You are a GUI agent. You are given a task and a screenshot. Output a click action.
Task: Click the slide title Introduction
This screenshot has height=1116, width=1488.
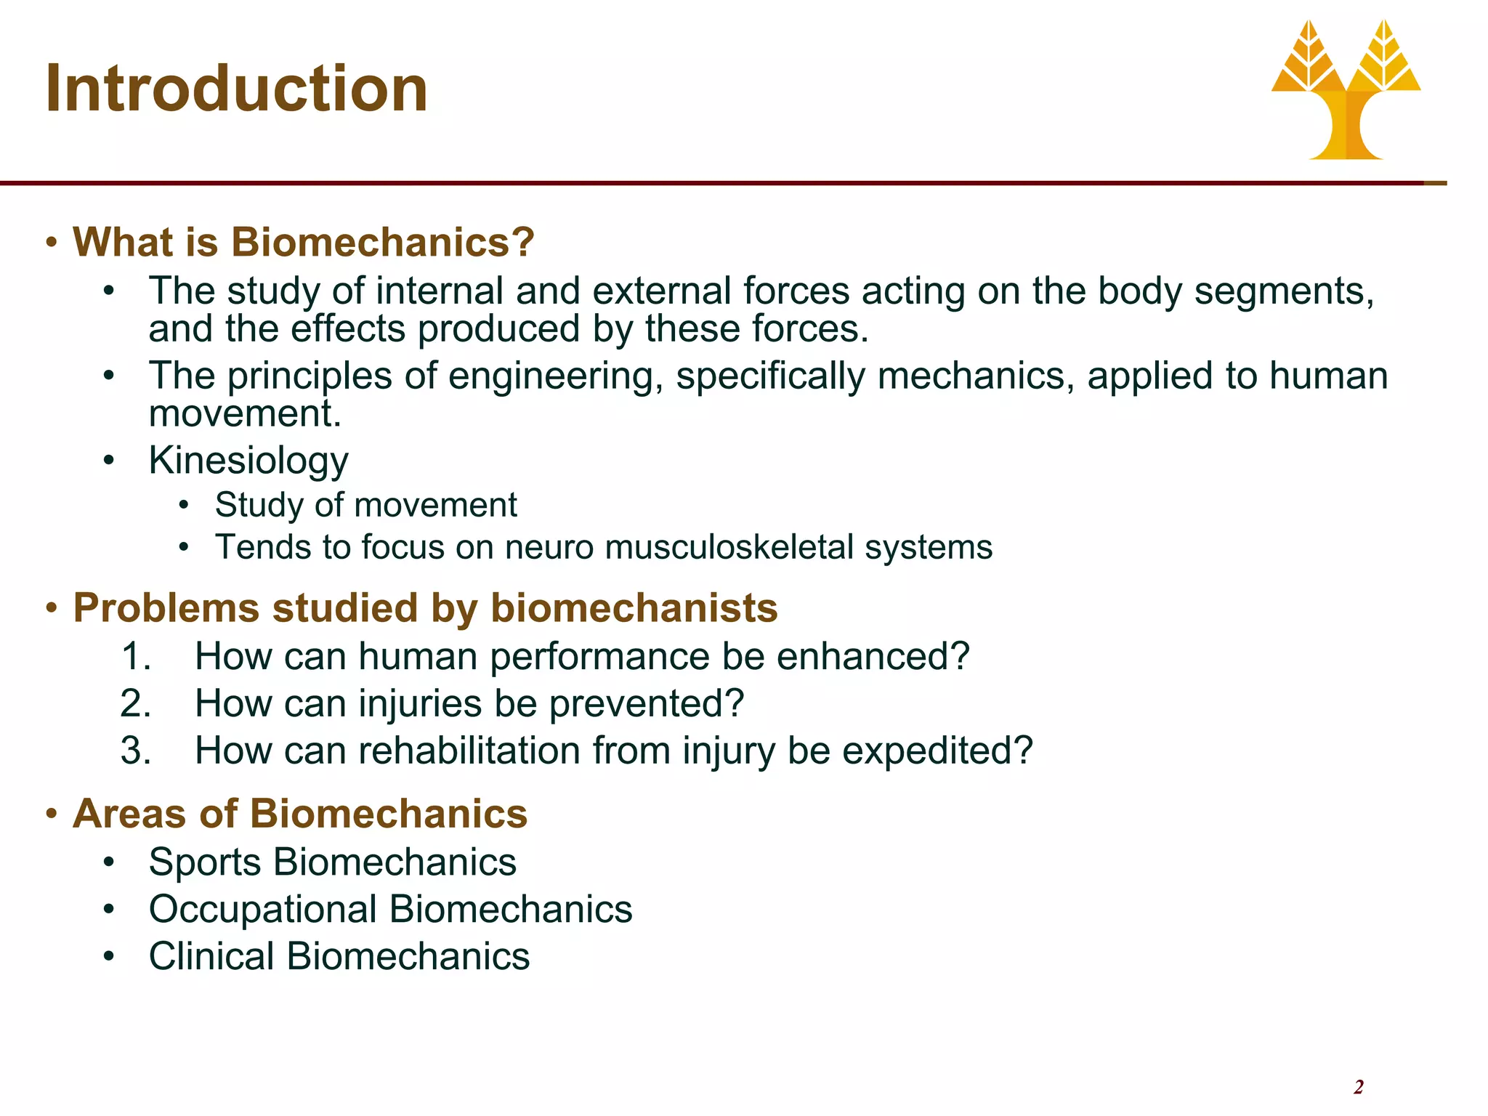[236, 89]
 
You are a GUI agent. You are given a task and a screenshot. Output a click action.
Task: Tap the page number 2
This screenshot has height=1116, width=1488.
[1358, 1087]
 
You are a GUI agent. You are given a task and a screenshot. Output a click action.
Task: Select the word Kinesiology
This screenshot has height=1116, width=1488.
[248, 461]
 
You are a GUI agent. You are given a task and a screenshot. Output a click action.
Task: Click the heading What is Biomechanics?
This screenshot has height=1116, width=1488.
[304, 242]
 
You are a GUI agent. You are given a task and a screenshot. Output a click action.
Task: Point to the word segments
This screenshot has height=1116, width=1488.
[1284, 291]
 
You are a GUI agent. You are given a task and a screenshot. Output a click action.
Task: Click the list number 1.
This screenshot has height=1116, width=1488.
[135, 657]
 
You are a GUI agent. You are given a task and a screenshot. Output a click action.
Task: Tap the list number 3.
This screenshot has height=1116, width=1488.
[135, 751]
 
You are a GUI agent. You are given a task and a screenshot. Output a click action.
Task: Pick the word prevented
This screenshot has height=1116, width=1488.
[646, 704]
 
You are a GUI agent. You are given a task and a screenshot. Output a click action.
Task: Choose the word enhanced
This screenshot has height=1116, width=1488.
[873, 657]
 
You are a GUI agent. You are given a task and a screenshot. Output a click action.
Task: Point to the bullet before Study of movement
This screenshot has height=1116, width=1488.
[185, 505]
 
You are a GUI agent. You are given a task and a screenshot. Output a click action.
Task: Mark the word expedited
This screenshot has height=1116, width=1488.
[937, 751]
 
